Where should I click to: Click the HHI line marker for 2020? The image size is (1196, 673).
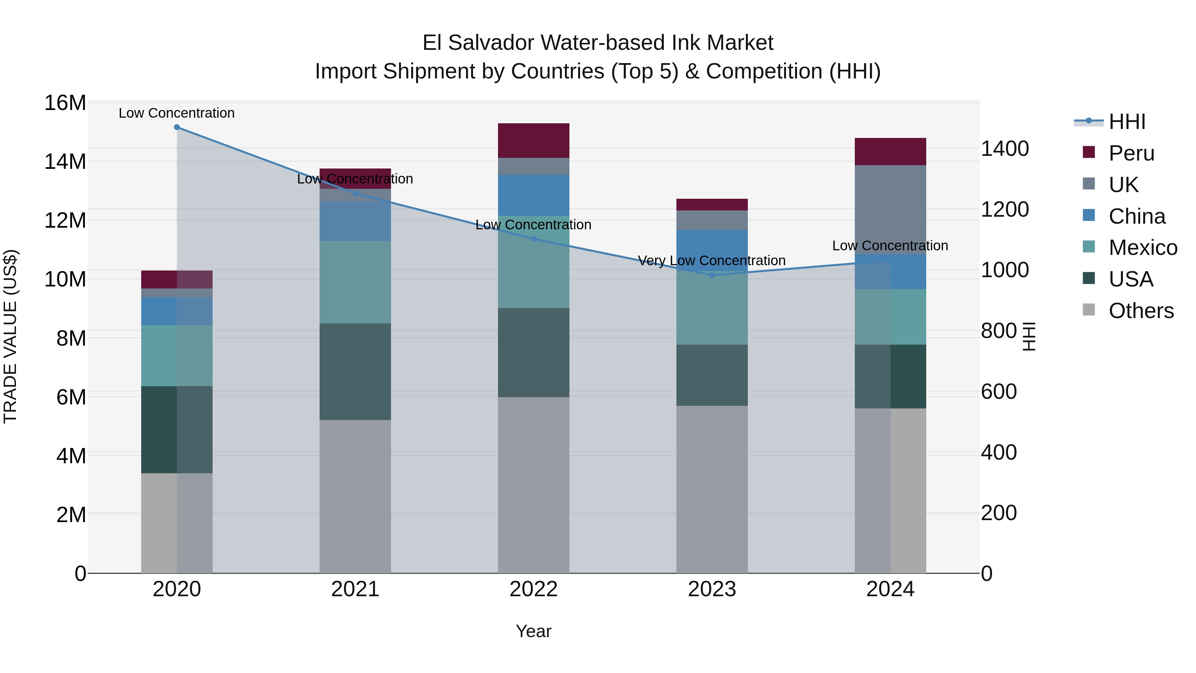coord(177,127)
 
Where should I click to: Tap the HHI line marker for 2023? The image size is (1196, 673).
coord(712,275)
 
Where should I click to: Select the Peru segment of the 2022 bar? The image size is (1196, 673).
coord(534,140)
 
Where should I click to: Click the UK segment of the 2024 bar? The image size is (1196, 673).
coord(890,209)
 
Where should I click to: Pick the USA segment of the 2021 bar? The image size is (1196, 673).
coord(355,372)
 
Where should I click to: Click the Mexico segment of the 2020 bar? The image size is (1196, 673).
coord(177,355)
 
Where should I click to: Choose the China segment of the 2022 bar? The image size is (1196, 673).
coord(534,195)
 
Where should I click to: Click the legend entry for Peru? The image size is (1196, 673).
coord(1131,153)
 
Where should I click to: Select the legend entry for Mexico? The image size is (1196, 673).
coord(1143,248)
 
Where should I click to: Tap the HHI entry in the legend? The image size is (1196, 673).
coord(1127,122)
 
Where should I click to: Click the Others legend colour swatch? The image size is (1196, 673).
coord(1088,310)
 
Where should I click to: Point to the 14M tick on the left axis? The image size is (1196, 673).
coord(65,162)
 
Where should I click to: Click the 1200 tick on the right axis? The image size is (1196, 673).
coord(1005,209)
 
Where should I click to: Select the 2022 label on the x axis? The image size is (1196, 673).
coord(534,589)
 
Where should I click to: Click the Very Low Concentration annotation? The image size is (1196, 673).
coord(712,261)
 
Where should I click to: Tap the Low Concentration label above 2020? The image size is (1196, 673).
coord(177,113)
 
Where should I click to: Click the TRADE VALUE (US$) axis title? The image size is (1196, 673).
coord(10,336)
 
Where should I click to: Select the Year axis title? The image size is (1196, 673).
coord(534,631)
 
